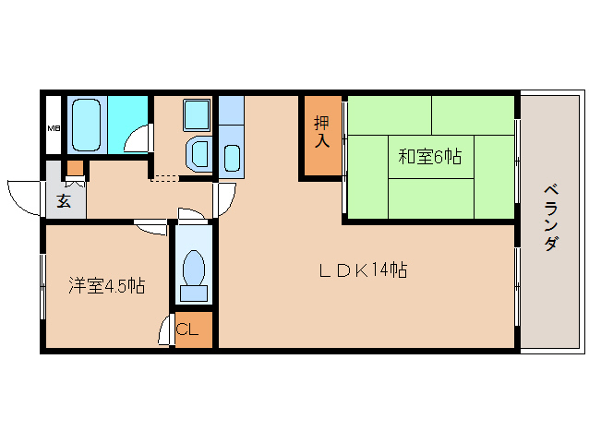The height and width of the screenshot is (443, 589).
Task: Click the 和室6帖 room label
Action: click(x=429, y=157)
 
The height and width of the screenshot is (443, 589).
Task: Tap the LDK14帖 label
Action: click(x=363, y=269)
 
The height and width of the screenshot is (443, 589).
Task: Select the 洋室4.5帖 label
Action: click(x=107, y=286)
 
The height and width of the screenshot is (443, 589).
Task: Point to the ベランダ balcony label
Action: click(x=551, y=218)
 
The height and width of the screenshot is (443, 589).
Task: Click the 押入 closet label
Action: click(x=322, y=131)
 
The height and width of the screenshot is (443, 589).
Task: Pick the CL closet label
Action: click(x=187, y=329)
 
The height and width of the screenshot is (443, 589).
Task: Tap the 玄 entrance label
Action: click(x=64, y=201)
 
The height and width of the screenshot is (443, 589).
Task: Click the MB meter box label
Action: click(x=54, y=128)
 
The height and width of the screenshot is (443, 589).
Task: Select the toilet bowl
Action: click(x=194, y=268)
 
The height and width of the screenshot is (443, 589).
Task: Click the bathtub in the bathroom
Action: click(x=87, y=125)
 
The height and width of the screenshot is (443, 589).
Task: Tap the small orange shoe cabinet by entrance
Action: click(x=76, y=168)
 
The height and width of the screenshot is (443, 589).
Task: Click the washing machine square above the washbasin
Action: click(x=197, y=114)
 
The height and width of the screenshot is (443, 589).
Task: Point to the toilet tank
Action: click(x=194, y=293)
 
